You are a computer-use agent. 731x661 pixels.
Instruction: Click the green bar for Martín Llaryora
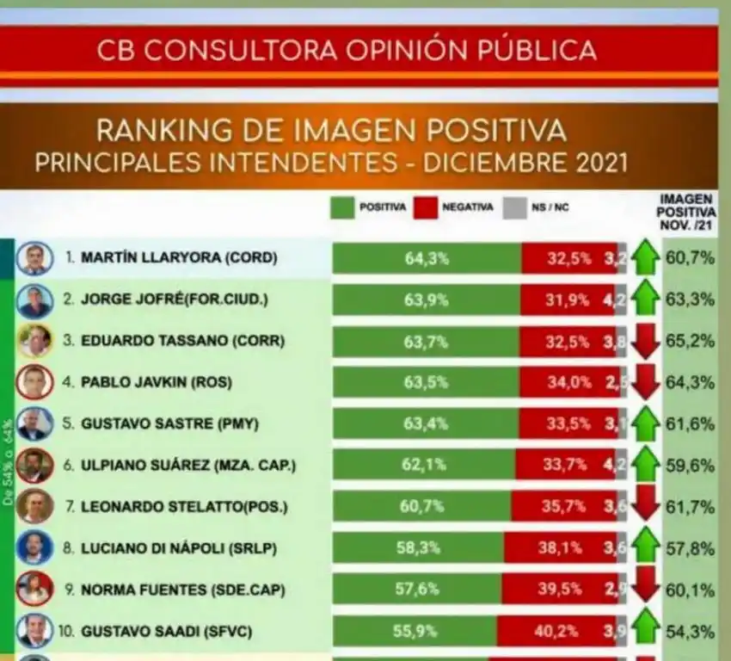tap(427, 258)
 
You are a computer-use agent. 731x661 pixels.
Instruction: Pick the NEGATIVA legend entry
tap(454, 207)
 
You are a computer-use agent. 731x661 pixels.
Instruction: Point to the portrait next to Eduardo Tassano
tap(34, 341)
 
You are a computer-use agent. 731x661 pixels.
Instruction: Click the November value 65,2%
tap(690, 341)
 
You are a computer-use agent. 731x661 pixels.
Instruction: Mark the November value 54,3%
tap(690, 632)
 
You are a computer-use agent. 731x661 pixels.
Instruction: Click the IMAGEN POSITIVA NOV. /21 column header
tap(686, 211)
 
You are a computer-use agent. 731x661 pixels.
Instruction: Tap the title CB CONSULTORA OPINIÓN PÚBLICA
tap(347, 49)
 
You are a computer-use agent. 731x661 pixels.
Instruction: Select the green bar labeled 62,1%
tap(423, 465)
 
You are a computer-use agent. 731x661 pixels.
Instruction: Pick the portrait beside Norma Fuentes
tap(34, 589)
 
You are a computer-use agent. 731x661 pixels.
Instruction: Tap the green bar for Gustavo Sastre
tap(426, 423)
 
